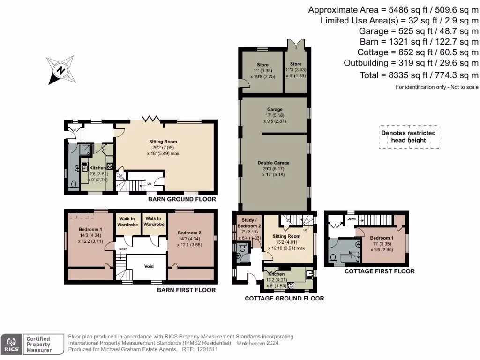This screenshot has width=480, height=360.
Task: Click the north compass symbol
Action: click(60, 70)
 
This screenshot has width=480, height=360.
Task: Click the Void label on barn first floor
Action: click(149, 266)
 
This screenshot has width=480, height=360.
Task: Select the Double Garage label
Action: click(273, 163)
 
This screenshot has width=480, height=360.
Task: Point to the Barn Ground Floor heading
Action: click(182, 199)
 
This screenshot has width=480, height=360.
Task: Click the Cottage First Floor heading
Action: click(379, 271)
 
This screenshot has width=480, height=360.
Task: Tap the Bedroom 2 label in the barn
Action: click(190, 232)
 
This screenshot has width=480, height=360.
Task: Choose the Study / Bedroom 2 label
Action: click(248, 223)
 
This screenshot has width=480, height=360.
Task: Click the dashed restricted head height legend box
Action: click(409, 137)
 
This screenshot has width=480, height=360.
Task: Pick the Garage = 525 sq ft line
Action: click(418, 31)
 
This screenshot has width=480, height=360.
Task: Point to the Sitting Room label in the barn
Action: click(163, 141)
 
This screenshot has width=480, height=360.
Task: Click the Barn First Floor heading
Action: click(186, 290)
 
